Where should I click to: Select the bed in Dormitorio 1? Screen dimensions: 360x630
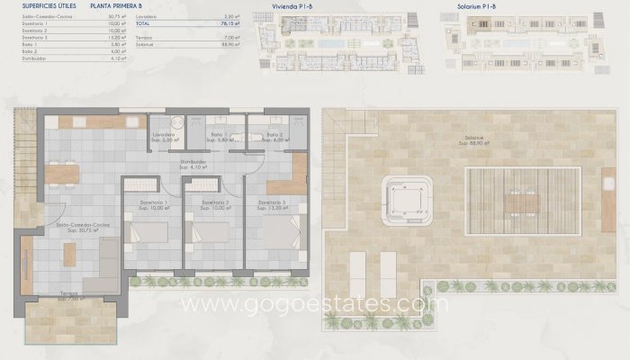click(x=144, y=232)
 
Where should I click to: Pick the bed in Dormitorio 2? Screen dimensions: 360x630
click(x=206, y=232)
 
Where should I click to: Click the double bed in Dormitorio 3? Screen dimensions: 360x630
click(x=283, y=232)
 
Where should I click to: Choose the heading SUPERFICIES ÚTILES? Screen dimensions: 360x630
click(x=34, y=6)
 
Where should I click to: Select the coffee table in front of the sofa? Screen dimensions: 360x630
click(x=68, y=256)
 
